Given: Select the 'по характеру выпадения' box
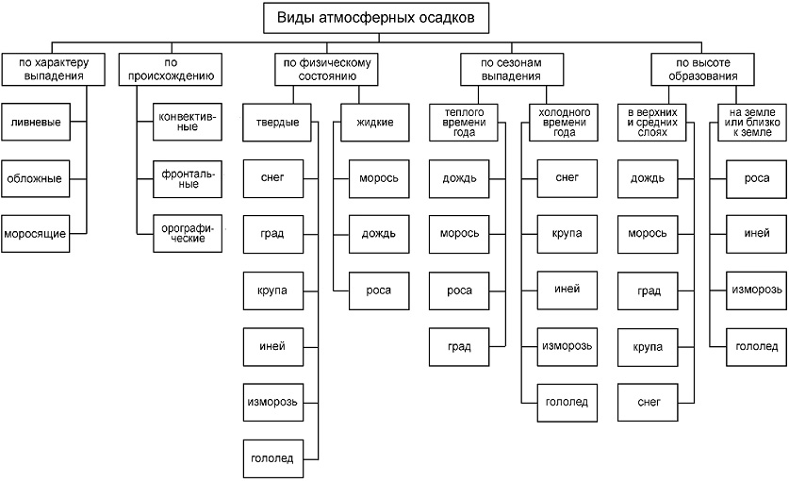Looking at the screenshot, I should (52, 68).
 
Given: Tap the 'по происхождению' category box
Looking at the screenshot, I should (171, 68).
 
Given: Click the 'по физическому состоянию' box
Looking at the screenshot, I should (326, 68).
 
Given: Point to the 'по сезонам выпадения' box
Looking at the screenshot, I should (514, 68).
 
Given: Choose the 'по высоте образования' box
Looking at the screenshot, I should (702, 68).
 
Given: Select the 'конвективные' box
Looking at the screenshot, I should (188, 122).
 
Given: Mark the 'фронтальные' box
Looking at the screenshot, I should (188, 176).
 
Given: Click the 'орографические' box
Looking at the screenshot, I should (188, 232).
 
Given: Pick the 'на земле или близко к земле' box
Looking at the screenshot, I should (752, 122).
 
